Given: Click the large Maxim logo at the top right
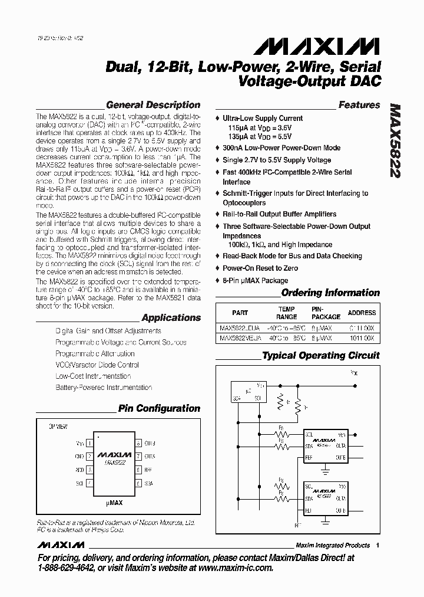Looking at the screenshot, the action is pyautogui.click(x=337, y=47).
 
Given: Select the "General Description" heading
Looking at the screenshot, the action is pyautogui.click(x=153, y=105).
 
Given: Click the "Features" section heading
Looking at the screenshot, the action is pyautogui.click(x=359, y=105).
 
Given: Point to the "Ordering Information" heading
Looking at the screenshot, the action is pyautogui.click(x=330, y=293).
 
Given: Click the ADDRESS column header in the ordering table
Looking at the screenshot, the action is pyautogui.click(x=361, y=313).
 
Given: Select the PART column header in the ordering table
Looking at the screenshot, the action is pyautogui.click(x=240, y=313).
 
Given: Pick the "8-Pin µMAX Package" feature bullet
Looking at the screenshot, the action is pyautogui.click(x=255, y=280).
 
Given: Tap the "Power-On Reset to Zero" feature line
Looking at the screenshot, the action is pyautogui.click(x=260, y=268).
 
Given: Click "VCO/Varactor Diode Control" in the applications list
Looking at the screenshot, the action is pyautogui.click(x=97, y=365).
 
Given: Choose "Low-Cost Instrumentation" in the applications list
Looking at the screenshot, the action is pyautogui.click(x=93, y=376).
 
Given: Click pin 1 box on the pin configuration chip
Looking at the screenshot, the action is pyautogui.click(x=89, y=443).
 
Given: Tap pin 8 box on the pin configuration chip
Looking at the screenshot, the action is pyautogui.click(x=137, y=443).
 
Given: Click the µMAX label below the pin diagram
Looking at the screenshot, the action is pyautogui.click(x=114, y=504).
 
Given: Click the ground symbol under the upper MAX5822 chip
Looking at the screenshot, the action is pyautogui.click(x=326, y=470).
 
